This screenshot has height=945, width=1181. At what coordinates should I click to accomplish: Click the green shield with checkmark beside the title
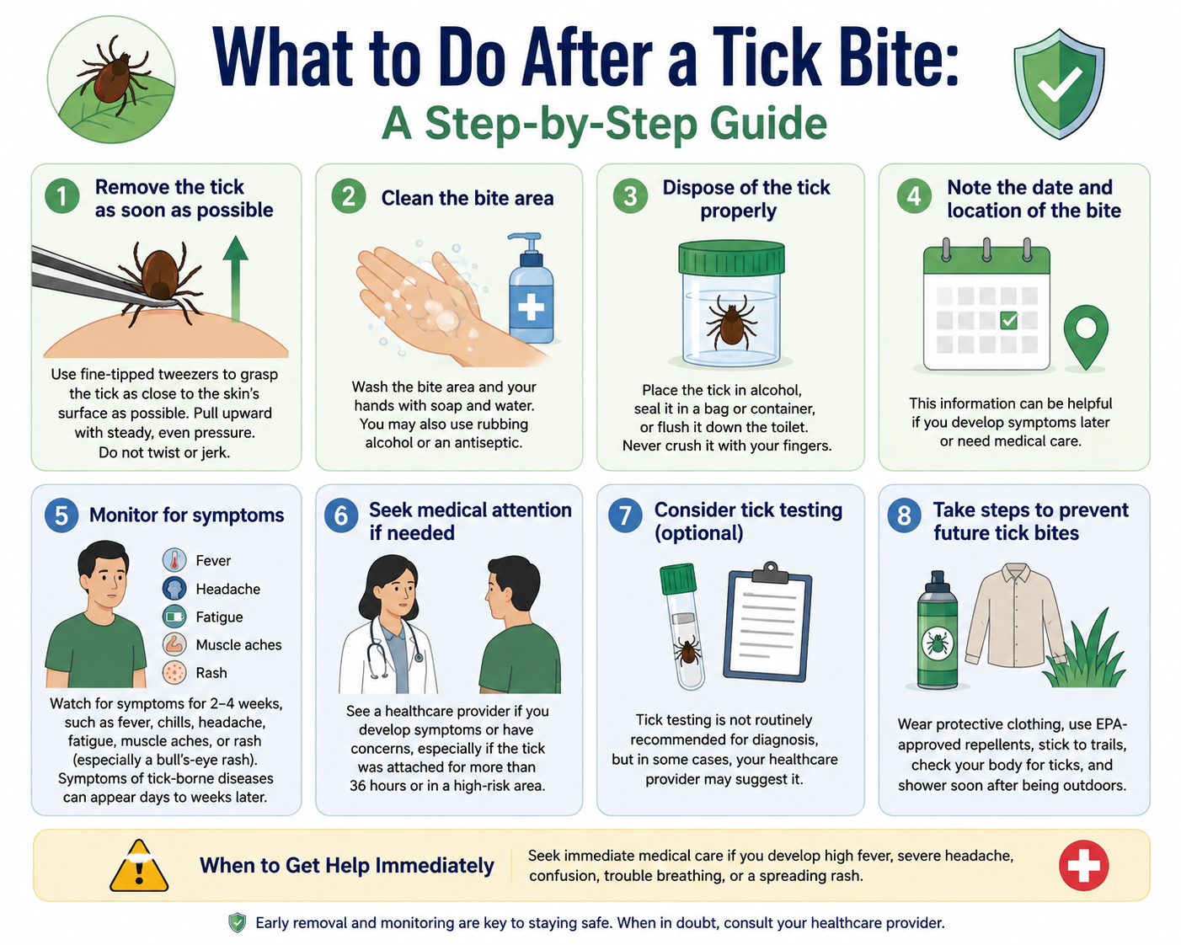click(1059, 83)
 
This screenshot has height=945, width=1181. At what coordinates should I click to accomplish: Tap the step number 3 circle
click(630, 196)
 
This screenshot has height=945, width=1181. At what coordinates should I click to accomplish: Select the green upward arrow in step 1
click(235, 278)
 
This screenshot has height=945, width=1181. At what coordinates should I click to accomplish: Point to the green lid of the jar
click(731, 258)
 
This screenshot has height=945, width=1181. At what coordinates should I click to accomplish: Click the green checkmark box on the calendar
click(1008, 320)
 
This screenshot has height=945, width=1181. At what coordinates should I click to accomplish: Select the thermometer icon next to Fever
click(174, 560)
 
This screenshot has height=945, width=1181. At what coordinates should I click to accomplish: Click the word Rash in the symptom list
click(211, 673)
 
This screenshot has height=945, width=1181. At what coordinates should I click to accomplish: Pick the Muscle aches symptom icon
click(174, 644)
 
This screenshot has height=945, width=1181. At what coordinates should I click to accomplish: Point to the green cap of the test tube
click(678, 579)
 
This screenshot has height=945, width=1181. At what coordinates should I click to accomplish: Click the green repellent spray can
click(938, 630)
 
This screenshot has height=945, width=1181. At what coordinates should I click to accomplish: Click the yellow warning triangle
click(139, 866)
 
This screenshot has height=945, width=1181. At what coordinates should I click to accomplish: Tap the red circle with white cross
click(1084, 865)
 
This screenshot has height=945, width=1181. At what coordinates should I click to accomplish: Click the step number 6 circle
click(341, 515)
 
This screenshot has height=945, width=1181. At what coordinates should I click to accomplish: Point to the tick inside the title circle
click(112, 73)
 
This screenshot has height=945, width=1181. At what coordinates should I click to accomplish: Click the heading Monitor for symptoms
click(187, 515)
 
